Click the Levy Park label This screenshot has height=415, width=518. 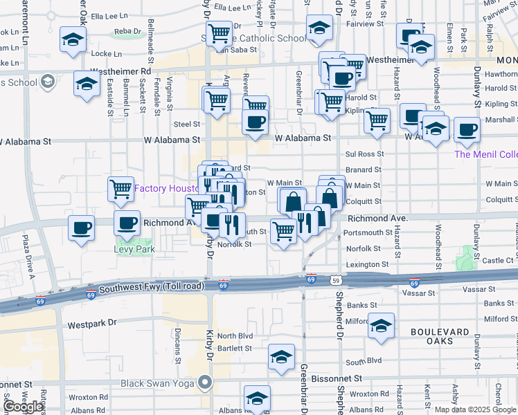click(134, 250)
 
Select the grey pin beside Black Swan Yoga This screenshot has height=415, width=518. click(205, 382)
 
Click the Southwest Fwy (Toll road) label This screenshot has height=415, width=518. click(151, 287)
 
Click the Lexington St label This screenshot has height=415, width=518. click(367, 265)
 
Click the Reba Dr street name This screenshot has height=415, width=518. click(127, 32)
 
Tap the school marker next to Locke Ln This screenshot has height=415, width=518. click(72, 39)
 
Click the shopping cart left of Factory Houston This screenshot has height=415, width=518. click(121, 188)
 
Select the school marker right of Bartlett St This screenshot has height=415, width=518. click(282, 357)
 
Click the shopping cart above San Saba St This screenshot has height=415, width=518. click(219, 32)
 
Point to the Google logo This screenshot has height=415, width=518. click(23, 407)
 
